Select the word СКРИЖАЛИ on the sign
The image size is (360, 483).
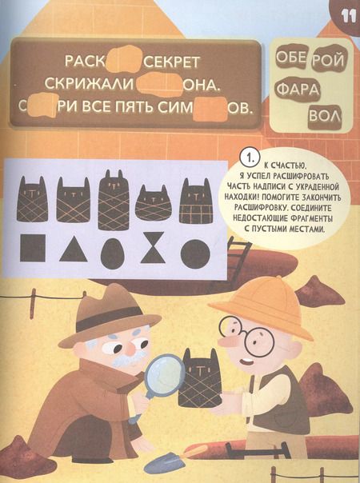point(98,83)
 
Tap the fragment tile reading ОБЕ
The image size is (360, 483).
point(290,57)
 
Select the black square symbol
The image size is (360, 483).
point(33,249)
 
